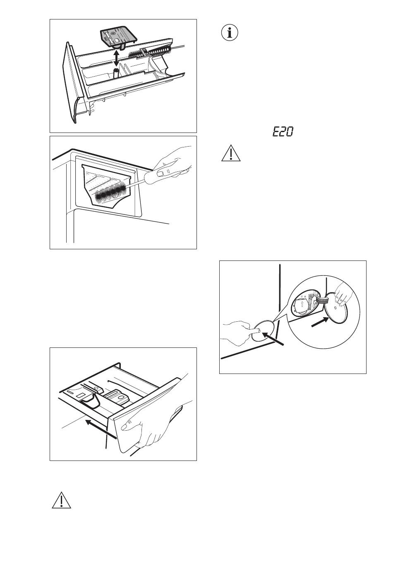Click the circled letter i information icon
coord(229,33)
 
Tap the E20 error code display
coord(283,132)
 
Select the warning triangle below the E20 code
coord(230,153)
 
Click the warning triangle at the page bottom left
coord(61,500)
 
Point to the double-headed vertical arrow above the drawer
coord(116,58)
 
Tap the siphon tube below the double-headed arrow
coord(116,74)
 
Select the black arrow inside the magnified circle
coord(320,322)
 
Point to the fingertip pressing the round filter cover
coord(257,330)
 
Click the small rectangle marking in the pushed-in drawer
coord(81,395)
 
